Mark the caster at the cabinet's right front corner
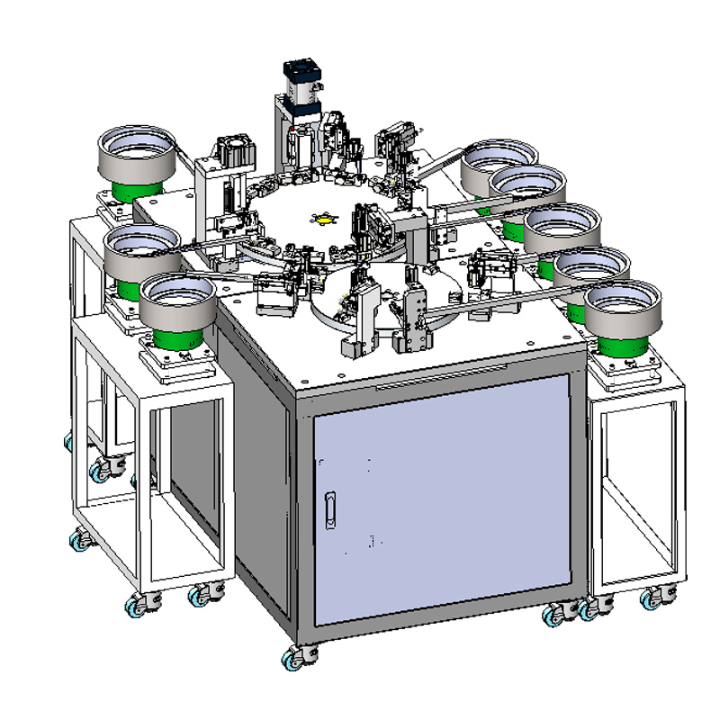[555, 615]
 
